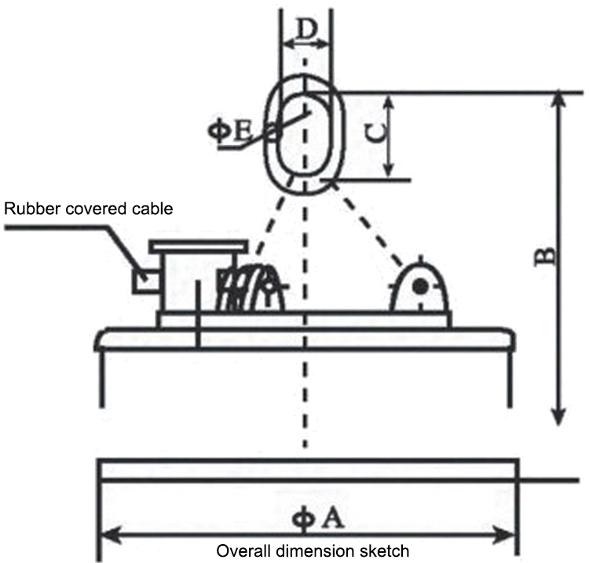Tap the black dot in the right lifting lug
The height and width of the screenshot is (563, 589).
[x=422, y=288]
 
